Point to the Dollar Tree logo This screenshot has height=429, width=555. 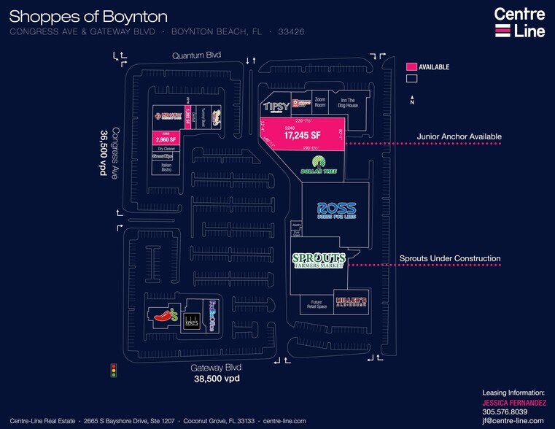318,166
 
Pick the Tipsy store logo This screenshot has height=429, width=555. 275,107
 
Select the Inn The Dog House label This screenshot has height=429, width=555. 348,103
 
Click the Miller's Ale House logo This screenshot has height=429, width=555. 349,301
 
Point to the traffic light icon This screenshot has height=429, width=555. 113,370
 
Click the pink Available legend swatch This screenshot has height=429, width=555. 411,66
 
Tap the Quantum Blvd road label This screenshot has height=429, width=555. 196,55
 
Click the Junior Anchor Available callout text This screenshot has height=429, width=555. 459,136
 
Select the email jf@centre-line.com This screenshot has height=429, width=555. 513,421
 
